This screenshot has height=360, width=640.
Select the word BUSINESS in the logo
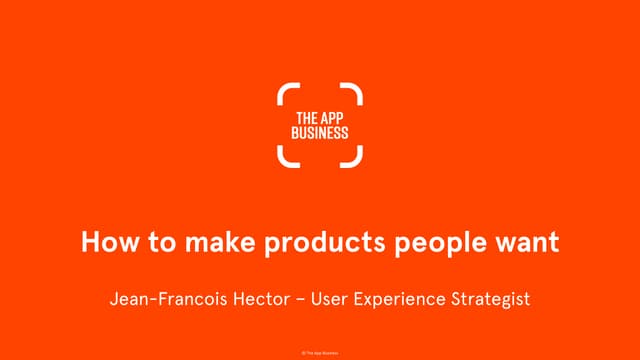[320, 132]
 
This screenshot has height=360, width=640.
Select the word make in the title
[200, 243]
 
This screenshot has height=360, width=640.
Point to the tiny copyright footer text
[320, 353]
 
